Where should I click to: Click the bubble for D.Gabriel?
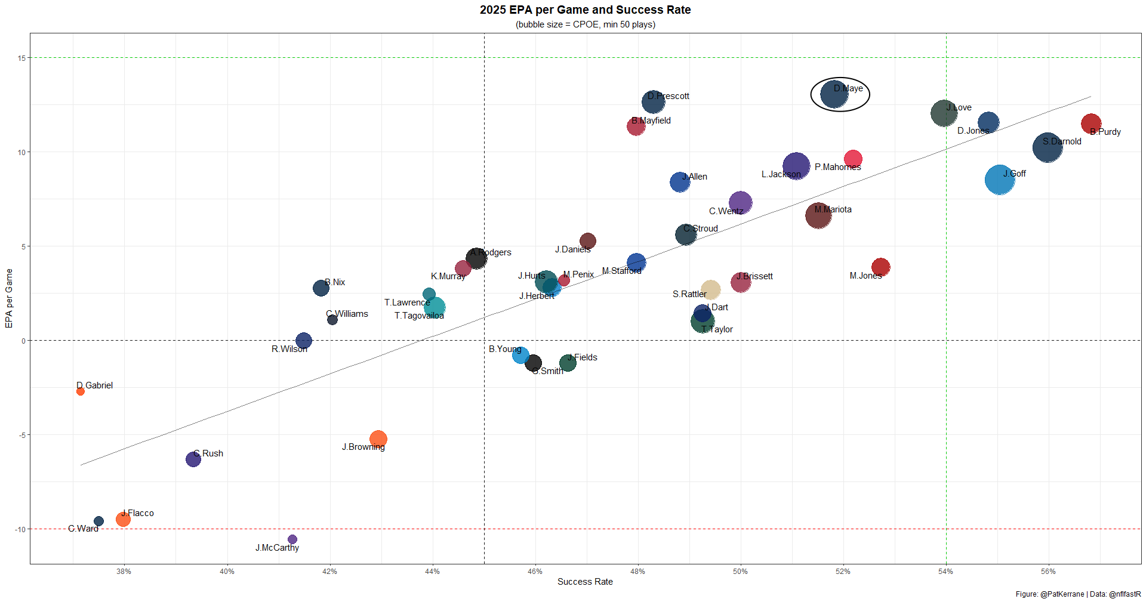click(x=81, y=391)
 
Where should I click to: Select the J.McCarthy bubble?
click(x=292, y=539)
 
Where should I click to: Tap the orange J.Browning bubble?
click(x=378, y=439)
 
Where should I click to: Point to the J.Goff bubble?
click(x=1000, y=180)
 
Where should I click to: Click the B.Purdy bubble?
click(x=1091, y=124)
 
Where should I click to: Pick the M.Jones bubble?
click(x=880, y=267)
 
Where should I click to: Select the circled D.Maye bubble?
click(x=834, y=94)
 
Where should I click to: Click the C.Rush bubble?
click(x=193, y=459)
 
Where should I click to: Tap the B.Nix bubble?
click(x=321, y=288)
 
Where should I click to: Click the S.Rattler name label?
click(x=689, y=294)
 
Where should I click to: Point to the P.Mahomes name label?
click(x=837, y=167)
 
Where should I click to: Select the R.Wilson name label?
click(x=289, y=349)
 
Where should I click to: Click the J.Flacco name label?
click(x=138, y=513)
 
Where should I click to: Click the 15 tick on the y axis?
click(x=21, y=58)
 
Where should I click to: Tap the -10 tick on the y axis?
click(x=20, y=529)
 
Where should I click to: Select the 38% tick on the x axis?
click(x=124, y=572)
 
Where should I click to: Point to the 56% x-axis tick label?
click(x=1048, y=572)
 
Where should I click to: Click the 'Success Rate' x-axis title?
click(x=585, y=582)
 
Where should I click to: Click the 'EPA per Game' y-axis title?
click(x=9, y=298)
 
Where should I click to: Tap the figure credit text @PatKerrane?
click(x=1062, y=594)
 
